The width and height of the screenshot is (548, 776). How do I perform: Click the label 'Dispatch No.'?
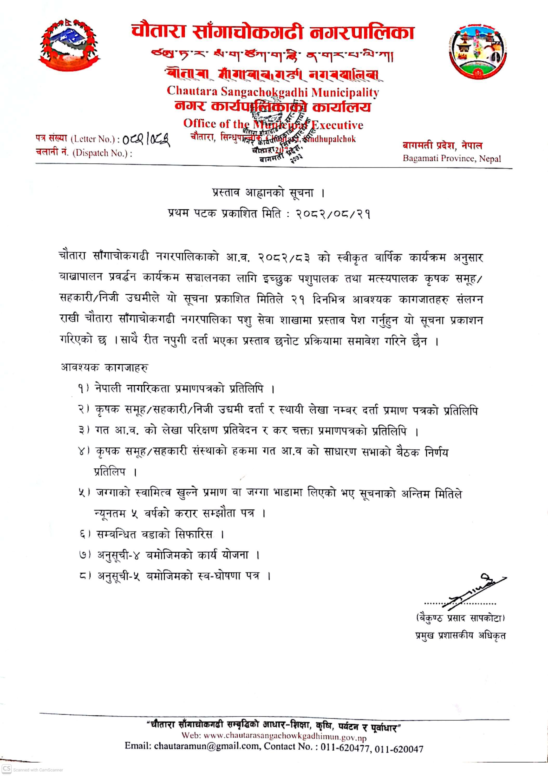click(102, 153)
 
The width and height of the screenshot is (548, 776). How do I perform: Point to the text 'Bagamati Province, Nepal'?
click(451, 159)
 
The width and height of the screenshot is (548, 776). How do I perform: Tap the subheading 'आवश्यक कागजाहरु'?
click(105, 368)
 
